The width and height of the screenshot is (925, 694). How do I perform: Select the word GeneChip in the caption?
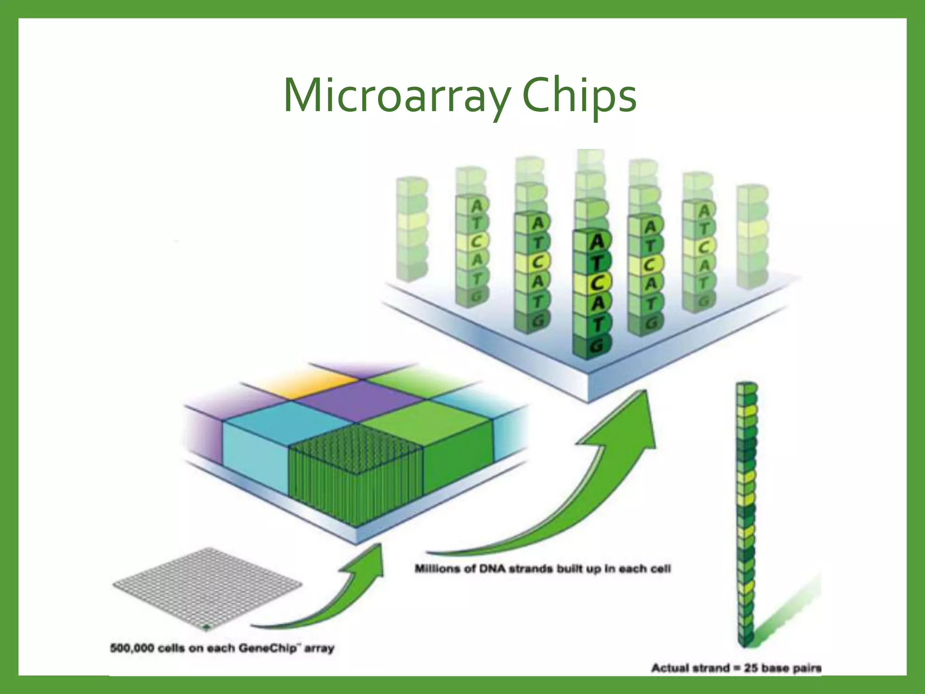[x=267, y=648]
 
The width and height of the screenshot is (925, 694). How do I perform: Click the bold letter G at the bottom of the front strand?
[x=597, y=346]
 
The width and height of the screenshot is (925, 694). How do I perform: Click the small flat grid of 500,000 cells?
[x=206, y=586]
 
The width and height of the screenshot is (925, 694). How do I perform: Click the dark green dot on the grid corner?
[x=207, y=627]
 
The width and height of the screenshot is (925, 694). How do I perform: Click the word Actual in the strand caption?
[x=669, y=668]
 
